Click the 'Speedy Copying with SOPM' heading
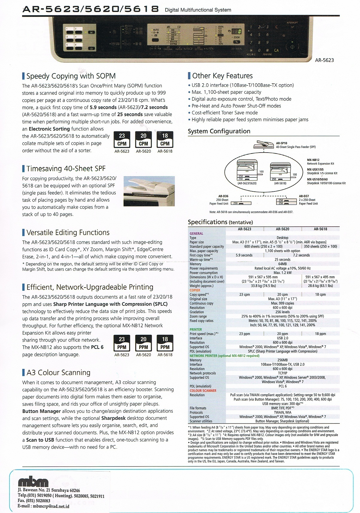click(x=71, y=76)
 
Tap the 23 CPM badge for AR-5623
click(x=122, y=140)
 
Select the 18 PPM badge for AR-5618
click(x=165, y=343)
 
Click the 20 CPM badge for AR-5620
click(x=143, y=140)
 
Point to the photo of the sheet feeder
click(x=149, y=191)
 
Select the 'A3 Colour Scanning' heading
click(x=58, y=372)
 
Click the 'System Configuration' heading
click(x=219, y=131)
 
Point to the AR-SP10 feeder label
click(x=281, y=143)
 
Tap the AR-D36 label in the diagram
click(x=223, y=196)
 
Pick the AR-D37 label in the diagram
click(x=304, y=196)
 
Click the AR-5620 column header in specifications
click(x=282, y=229)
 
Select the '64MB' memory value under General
click(x=282, y=264)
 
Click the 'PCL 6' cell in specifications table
click(x=282, y=386)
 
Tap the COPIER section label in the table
click(x=195, y=290)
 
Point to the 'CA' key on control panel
click(x=276, y=50)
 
